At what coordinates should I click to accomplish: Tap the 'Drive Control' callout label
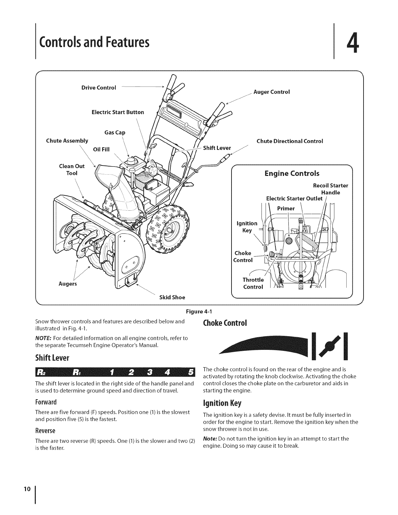[x=99, y=88]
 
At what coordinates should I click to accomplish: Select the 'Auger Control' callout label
[x=272, y=92]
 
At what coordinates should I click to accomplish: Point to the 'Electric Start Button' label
[x=118, y=112]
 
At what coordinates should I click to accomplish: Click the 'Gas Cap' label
[x=115, y=133]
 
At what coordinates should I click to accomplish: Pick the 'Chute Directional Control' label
[x=290, y=141]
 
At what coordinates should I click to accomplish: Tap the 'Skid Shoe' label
[x=172, y=297]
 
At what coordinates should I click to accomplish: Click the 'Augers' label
[x=68, y=284]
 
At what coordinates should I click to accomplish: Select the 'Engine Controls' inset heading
[x=292, y=173]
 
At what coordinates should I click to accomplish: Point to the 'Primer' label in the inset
[x=286, y=208]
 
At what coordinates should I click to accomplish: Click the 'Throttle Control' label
[x=253, y=283]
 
